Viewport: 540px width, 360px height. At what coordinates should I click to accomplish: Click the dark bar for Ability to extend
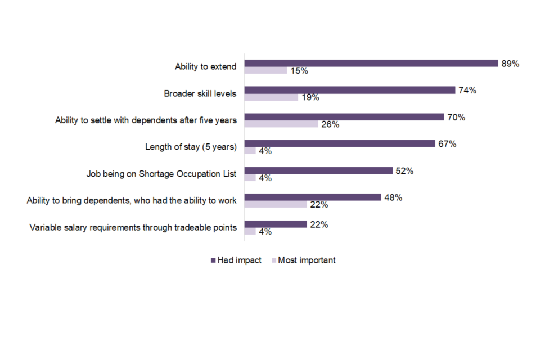point(371,63)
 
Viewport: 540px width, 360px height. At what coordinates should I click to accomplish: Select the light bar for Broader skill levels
point(271,97)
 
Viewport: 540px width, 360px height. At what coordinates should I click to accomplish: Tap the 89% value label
point(510,64)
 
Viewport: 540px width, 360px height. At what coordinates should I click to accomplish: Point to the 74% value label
point(467,90)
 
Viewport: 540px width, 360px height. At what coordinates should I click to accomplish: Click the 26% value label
point(330,124)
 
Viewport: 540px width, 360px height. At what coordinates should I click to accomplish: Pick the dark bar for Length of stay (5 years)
point(340,144)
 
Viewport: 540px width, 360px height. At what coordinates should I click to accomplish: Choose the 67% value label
point(447,144)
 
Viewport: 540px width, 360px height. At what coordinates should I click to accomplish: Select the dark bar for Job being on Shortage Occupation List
point(318,170)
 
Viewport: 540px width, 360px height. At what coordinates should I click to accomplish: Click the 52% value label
point(404,171)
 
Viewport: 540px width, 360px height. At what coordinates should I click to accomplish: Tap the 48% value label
point(393,197)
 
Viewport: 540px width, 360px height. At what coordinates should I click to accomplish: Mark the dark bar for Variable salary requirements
point(276,224)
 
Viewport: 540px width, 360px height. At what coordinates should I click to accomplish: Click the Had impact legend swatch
point(213,260)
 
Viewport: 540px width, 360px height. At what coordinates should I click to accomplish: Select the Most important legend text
point(307,260)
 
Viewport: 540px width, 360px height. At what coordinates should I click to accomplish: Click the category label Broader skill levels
point(200,94)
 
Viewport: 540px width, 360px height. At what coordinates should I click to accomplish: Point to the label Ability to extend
point(206,67)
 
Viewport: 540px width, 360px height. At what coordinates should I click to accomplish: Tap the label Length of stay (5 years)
point(191,147)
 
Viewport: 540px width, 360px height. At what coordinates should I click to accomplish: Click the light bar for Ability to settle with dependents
point(281,124)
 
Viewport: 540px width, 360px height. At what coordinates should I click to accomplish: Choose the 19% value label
point(310,97)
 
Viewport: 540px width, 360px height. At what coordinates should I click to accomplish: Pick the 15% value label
point(299,71)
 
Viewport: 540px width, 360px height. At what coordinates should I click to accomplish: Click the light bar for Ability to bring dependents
point(276,205)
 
